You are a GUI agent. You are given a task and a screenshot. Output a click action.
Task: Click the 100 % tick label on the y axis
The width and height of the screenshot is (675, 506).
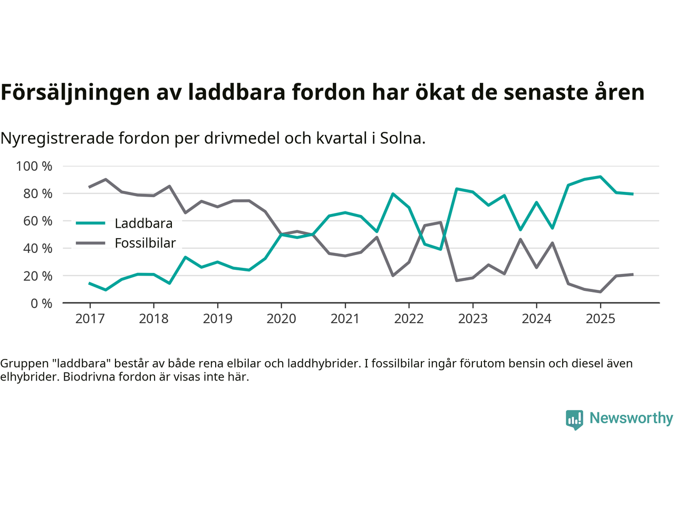(34, 167)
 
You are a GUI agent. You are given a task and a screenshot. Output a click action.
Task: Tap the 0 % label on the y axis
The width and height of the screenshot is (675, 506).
(41, 303)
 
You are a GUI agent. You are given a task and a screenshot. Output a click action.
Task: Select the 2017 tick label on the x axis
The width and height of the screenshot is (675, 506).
(90, 319)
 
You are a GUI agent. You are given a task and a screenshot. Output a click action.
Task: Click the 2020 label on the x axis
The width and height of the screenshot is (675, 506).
(281, 319)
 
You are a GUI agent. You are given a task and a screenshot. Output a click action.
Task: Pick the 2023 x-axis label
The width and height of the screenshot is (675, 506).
(472, 319)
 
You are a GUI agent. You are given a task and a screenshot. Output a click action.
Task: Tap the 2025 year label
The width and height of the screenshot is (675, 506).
(600, 319)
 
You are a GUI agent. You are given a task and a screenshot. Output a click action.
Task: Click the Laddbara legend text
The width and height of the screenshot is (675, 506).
(143, 223)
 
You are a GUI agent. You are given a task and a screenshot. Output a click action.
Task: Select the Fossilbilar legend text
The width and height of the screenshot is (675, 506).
(145, 243)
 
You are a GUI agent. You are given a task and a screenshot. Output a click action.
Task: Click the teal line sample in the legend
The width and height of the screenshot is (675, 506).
(91, 223)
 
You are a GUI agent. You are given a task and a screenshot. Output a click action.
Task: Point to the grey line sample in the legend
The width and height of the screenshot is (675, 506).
(91, 243)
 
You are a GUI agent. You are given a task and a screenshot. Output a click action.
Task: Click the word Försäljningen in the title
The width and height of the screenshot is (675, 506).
(75, 92)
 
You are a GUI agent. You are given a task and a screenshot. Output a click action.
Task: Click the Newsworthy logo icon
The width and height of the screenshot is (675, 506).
(574, 419)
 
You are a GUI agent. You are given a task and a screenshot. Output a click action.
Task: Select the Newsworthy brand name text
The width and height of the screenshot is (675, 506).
(631, 418)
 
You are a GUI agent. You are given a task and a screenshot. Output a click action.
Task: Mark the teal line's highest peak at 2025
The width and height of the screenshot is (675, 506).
(600, 177)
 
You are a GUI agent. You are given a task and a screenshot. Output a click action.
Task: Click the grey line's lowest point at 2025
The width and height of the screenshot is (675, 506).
(600, 291)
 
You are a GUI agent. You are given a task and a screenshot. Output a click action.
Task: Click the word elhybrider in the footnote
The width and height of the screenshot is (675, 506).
(29, 377)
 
